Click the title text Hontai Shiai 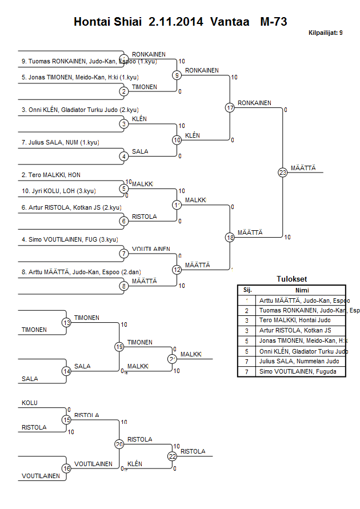[109, 22]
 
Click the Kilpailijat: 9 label [325, 33]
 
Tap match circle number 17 [230, 108]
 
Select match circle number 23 [282, 172]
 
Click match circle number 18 [230, 237]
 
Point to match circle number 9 [177, 75]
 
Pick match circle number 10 [177, 140]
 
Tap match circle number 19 [119, 347]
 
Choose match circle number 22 [173, 456]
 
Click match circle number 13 [67, 323]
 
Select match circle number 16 [67, 468]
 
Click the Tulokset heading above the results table [291, 279]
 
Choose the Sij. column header [247, 290]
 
